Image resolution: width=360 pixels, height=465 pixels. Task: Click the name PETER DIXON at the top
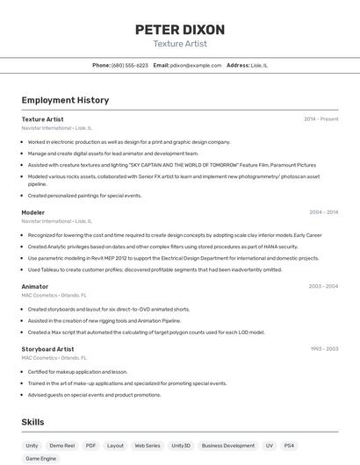click(x=180, y=29)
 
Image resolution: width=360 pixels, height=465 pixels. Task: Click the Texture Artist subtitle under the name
click(x=180, y=44)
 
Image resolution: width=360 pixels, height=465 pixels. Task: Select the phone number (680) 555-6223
click(x=130, y=65)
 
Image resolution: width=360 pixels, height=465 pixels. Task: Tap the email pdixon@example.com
click(x=196, y=65)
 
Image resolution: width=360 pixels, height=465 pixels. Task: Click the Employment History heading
click(x=65, y=100)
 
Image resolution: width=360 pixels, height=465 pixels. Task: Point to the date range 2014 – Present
click(x=320, y=118)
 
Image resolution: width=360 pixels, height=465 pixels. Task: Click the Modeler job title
click(x=33, y=212)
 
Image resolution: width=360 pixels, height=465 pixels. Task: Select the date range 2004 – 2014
click(x=323, y=212)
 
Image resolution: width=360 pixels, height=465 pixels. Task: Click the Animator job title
click(x=35, y=286)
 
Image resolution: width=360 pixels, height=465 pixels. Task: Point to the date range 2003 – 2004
click(x=323, y=286)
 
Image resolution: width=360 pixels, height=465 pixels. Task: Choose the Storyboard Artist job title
click(x=47, y=348)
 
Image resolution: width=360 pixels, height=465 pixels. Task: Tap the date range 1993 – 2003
click(x=323, y=348)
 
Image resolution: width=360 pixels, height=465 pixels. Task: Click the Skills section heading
click(x=33, y=422)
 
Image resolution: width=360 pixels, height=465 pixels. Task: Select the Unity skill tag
click(x=32, y=446)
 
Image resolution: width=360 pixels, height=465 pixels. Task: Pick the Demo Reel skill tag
click(x=61, y=446)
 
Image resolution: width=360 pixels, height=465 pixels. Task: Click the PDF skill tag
click(x=90, y=446)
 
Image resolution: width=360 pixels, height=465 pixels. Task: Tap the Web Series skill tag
click(x=147, y=446)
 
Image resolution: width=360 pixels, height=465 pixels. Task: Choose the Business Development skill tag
click(x=227, y=446)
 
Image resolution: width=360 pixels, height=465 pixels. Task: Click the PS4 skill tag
click(x=289, y=446)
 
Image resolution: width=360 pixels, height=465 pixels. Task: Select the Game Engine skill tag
click(x=41, y=459)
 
